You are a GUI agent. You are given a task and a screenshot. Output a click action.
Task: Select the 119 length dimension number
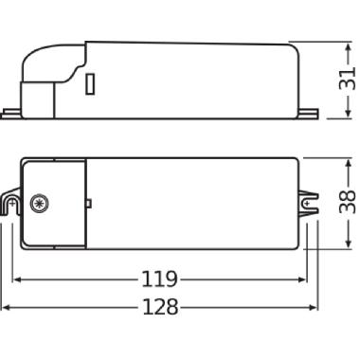point(161,279)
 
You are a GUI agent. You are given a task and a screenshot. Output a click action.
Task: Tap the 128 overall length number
point(161,309)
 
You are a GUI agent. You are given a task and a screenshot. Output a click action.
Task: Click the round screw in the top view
point(39,203)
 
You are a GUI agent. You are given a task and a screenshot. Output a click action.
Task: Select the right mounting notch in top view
point(308,201)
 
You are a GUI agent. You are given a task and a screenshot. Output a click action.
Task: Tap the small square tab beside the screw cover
point(88,203)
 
